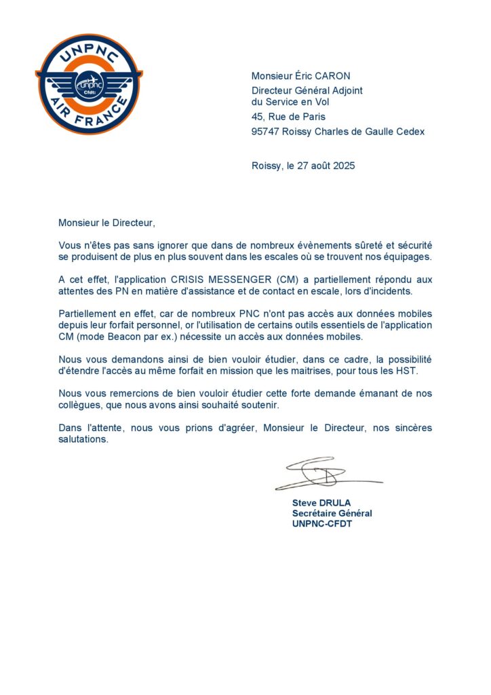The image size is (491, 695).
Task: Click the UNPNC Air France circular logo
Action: [89, 84]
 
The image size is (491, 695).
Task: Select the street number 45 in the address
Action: [257, 117]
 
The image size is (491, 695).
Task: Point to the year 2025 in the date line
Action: [344, 166]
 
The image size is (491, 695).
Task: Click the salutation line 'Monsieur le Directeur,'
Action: [107, 222]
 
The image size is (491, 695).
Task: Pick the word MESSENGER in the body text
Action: [235, 280]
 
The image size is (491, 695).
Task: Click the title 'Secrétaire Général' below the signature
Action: [332, 513]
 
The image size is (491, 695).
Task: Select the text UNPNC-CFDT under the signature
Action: [322, 524]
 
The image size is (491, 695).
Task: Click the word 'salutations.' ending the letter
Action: [83, 439]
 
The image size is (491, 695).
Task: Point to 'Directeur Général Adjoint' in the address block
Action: [307, 90]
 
